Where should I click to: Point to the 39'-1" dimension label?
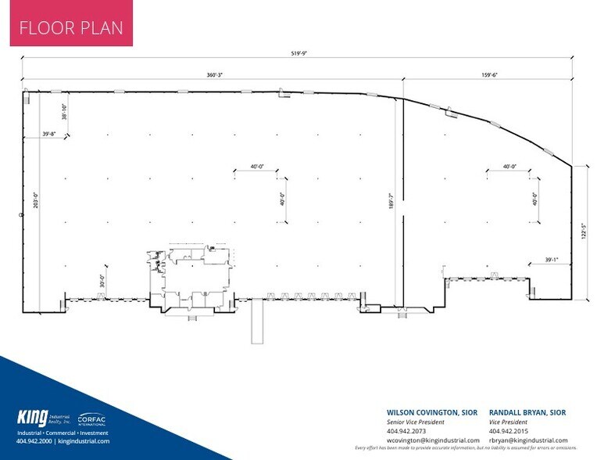[553, 259]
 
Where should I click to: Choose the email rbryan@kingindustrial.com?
[528, 440]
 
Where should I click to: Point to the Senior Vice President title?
[418, 421]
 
